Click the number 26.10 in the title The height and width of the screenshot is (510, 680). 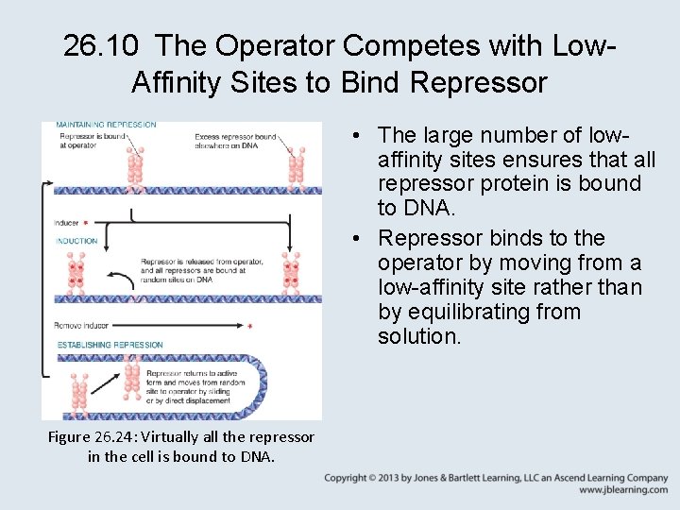[x=103, y=44]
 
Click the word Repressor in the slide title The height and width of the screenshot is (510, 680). [x=479, y=82]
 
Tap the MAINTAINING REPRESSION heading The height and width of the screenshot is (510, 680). [x=106, y=125]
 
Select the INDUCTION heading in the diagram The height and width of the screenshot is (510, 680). [x=76, y=241]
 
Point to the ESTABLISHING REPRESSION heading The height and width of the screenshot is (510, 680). [x=110, y=345]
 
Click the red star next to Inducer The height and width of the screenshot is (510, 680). [x=87, y=223]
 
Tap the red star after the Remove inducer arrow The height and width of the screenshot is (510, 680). [x=249, y=327]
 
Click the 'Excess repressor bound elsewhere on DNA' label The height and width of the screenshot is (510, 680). [x=235, y=141]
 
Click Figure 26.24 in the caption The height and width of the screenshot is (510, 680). [x=104, y=437]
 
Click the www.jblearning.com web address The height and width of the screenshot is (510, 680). [x=623, y=491]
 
